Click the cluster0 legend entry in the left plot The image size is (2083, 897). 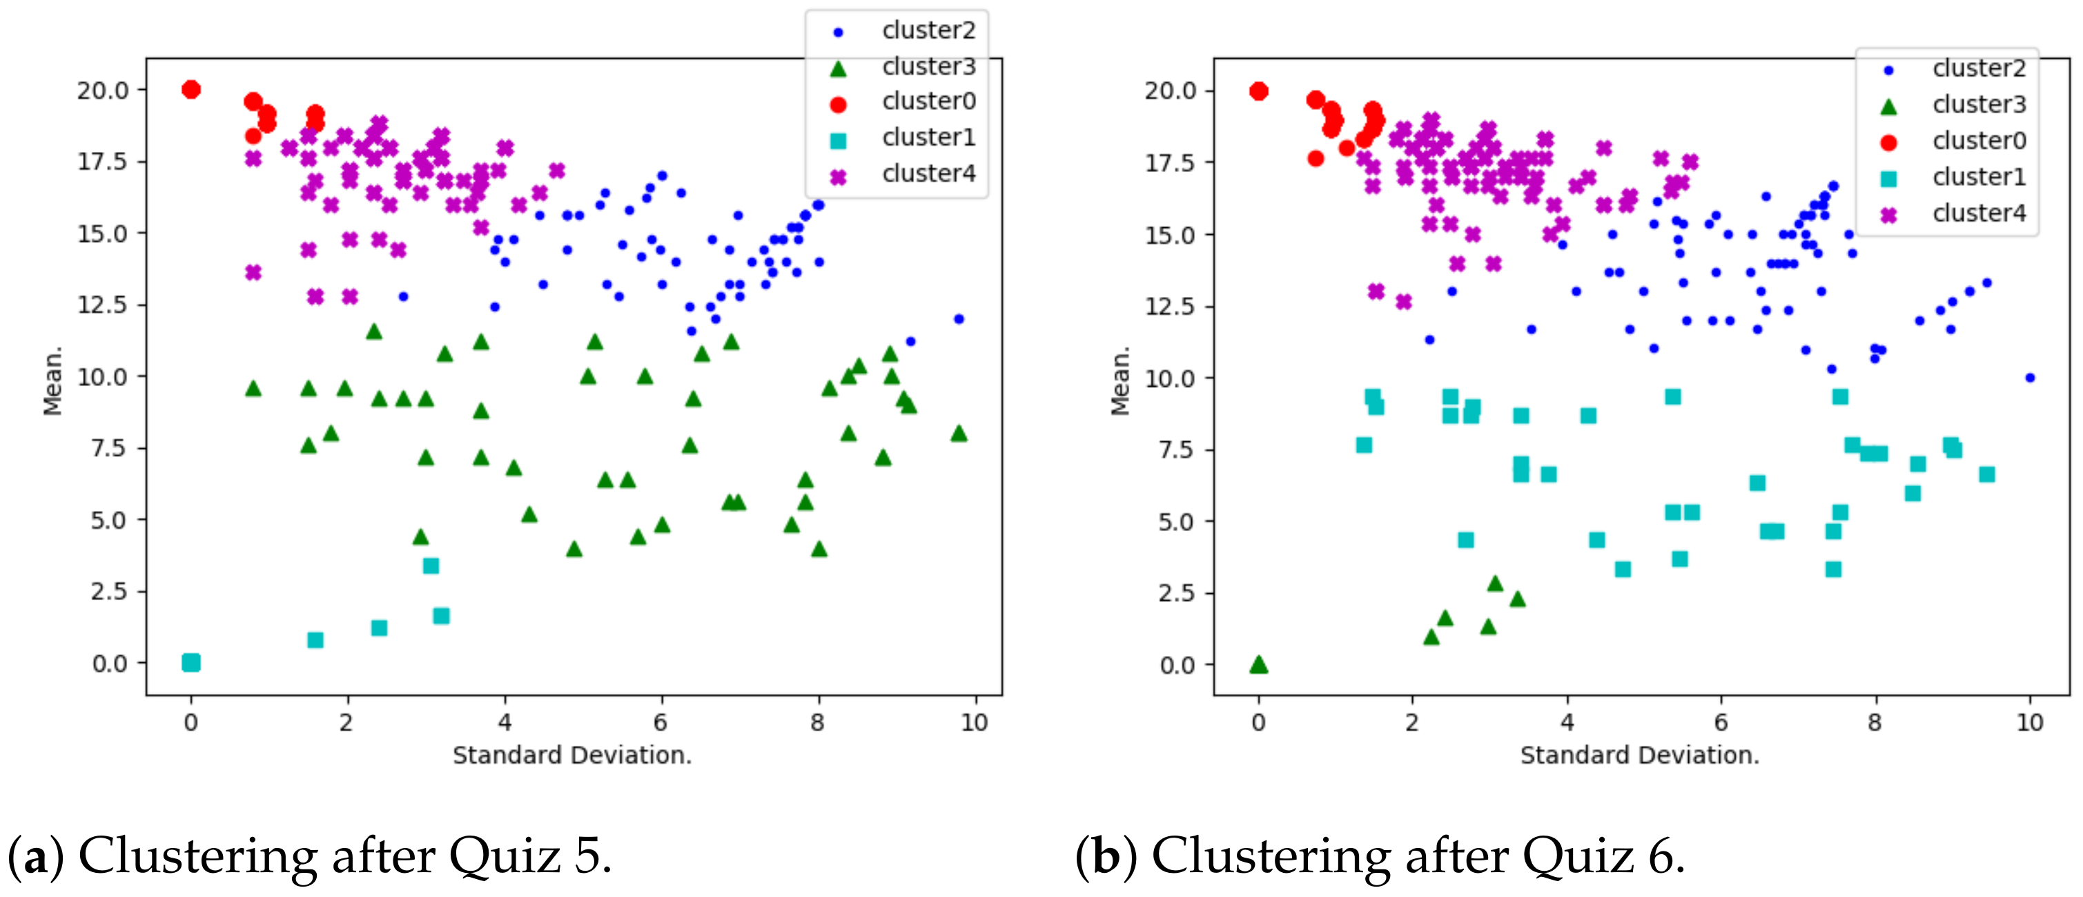coord(928,102)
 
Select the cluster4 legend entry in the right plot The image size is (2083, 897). coord(1978,213)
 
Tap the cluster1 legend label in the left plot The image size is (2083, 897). coord(928,137)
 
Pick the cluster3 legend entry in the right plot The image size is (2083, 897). coord(1978,105)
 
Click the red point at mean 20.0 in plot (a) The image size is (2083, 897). coord(190,89)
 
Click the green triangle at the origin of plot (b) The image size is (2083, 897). coord(1258,665)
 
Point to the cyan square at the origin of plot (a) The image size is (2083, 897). coord(190,662)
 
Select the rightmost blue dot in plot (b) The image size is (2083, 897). coord(2030,378)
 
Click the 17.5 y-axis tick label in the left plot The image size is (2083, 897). coord(103,162)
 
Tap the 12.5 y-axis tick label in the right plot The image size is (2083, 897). coord(1170,307)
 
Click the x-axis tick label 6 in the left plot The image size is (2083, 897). coord(661,722)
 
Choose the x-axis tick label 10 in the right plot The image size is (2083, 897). coord(2030,722)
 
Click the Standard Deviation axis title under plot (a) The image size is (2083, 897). coord(571,755)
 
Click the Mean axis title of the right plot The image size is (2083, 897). coord(1120,382)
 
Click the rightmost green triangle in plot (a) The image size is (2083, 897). coord(959,433)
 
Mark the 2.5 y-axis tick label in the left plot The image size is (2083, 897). coord(109,591)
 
